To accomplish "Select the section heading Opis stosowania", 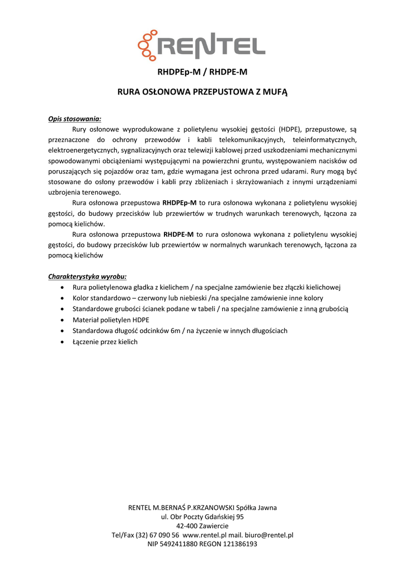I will click(x=74, y=119).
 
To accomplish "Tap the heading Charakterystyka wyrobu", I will click(x=87, y=276).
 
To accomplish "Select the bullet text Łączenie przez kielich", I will click(x=105, y=341).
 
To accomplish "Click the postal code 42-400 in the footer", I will click(x=187, y=526).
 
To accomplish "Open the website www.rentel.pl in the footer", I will click(x=204, y=535).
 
